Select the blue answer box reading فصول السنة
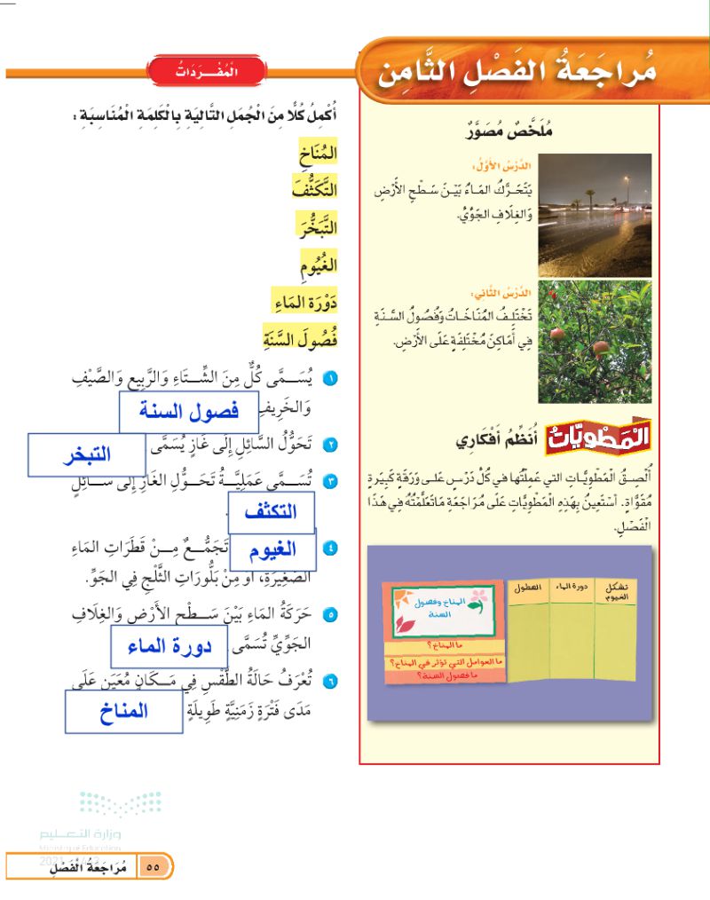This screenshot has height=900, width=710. click(x=176, y=412)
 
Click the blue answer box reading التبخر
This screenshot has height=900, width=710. click(x=86, y=455)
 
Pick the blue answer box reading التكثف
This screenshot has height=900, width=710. click(x=272, y=511)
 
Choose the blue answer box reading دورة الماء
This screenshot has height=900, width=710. click(x=169, y=646)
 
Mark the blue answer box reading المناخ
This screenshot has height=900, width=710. click(x=123, y=711)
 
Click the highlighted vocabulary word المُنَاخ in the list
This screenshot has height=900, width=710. click(x=318, y=155)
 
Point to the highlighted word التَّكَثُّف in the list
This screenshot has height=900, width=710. click(x=314, y=188)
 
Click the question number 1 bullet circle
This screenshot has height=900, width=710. click(x=330, y=380)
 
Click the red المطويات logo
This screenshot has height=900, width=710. click(x=596, y=437)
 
